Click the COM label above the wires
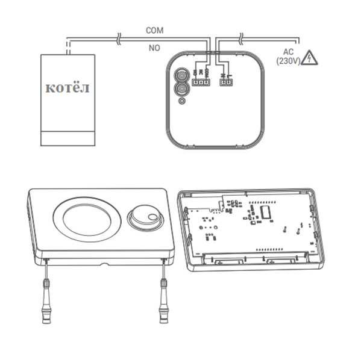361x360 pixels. [x=154, y=30]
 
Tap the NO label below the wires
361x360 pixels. [x=154, y=48]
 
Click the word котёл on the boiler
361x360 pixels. [x=67, y=88]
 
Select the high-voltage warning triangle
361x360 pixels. [x=310, y=58]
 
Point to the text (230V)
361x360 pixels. [x=289, y=61]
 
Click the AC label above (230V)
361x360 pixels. [x=289, y=52]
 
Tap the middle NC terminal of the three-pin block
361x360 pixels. [x=201, y=82]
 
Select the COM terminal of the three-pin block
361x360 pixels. [x=207, y=82]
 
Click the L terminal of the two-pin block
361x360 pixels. [x=228, y=82]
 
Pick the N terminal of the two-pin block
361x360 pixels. [x=223, y=82]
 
